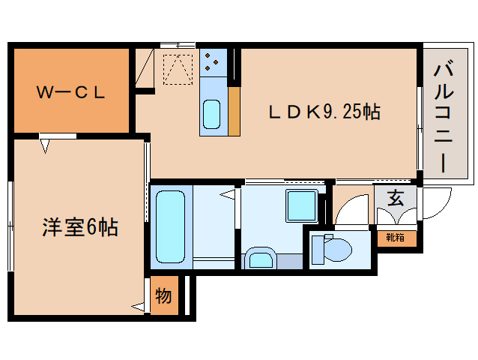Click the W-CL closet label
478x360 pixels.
point(72,93)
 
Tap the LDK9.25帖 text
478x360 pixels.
point(324,112)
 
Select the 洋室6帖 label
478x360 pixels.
point(79,226)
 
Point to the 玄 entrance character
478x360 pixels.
point(395,199)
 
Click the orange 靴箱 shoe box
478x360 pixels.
point(395,238)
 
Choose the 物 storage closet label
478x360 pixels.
point(163,295)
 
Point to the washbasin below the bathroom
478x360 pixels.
point(261,259)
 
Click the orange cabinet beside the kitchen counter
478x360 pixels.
point(234,111)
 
